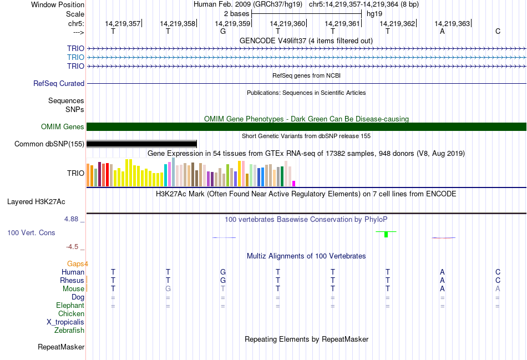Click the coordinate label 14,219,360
[287, 23]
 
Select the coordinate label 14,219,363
[452, 23]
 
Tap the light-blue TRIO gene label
[75, 57]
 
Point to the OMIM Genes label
[63, 127]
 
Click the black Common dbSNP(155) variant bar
[141, 144]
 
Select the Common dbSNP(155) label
[49, 144]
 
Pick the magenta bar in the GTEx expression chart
[294, 183]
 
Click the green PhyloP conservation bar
[386, 234]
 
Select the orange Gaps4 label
[78, 263]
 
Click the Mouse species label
[73, 288]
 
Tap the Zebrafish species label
[69, 331]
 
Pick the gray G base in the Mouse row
[168, 288]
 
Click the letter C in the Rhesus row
[498, 280]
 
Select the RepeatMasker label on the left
[61, 347]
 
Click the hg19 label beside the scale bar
[374, 13]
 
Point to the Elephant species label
[70, 306]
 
